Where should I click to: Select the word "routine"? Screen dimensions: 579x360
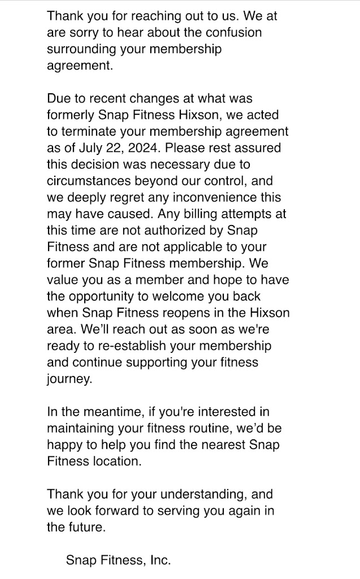[x=199, y=427]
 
